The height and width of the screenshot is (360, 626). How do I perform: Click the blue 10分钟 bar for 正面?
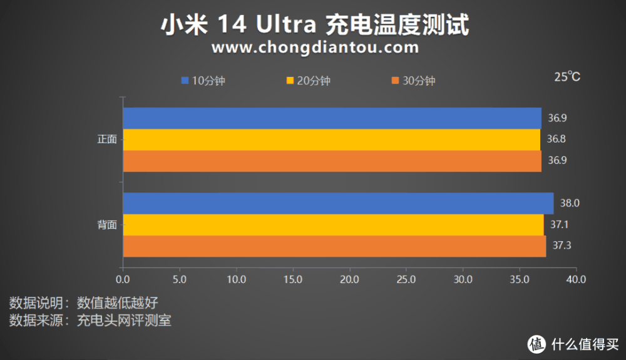[x=332, y=118]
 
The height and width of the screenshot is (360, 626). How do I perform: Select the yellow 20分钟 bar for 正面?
[x=331, y=139]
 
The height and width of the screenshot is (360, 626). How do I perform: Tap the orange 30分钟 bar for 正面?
[x=332, y=160]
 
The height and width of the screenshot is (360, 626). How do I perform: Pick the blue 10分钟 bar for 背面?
[x=338, y=203]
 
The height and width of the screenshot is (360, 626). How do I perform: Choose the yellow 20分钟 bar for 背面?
[x=333, y=224]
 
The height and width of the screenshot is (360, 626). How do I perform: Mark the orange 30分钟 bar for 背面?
[x=334, y=245]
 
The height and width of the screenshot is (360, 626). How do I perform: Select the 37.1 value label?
[x=559, y=224]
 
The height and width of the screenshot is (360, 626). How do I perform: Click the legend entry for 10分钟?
[x=203, y=81]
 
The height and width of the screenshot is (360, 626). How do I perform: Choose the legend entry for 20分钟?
[x=308, y=81]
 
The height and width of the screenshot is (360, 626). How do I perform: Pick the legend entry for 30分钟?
[x=413, y=81]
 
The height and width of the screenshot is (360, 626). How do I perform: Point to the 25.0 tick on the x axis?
[x=406, y=279]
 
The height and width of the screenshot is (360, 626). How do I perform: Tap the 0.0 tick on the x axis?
[x=123, y=279]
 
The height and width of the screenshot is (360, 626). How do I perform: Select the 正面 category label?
[x=107, y=140]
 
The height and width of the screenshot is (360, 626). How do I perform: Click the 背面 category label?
[x=107, y=225]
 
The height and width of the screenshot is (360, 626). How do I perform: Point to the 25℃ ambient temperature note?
[x=567, y=77]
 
